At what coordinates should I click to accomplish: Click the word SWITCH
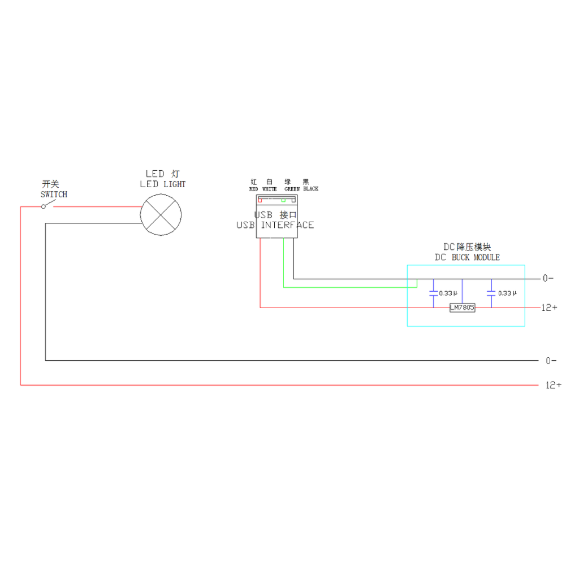(x=54, y=195)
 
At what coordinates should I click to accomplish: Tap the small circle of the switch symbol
(x=43, y=207)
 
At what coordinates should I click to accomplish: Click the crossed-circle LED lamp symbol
(x=161, y=214)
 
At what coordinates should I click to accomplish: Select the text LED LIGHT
(x=163, y=184)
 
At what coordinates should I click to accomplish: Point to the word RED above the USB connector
(x=253, y=189)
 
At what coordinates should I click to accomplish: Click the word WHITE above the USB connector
(x=269, y=189)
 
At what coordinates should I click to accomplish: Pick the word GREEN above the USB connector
(x=292, y=189)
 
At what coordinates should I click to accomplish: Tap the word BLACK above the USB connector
(x=310, y=189)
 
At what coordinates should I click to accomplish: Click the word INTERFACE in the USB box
(x=287, y=225)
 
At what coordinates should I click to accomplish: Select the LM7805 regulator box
(x=463, y=308)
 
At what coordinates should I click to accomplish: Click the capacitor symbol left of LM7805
(x=434, y=293)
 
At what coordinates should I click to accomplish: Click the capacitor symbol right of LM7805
(x=491, y=293)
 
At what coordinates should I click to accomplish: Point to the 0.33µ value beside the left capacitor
(x=448, y=293)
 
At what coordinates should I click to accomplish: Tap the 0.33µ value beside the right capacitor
(x=507, y=293)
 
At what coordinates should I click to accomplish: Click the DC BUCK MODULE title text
(x=467, y=257)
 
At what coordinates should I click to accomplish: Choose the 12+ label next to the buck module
(x=550, y=308)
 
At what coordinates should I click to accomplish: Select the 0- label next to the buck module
(x=548, y=278)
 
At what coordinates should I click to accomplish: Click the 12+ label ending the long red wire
(x=554, y=385)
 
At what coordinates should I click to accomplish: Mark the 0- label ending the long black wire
(x=551, y=360)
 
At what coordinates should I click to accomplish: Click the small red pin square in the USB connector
(x=260, y=200)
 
